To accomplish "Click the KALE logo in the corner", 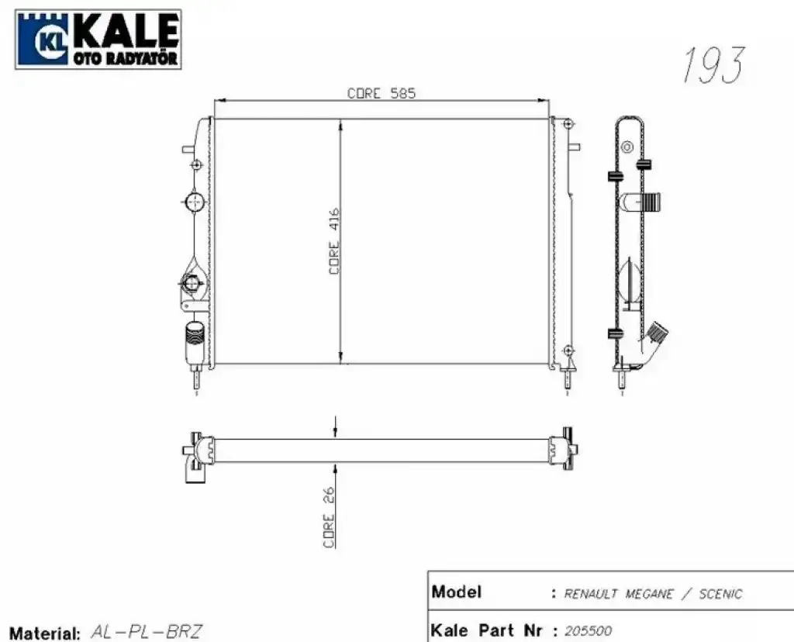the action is point(98,39).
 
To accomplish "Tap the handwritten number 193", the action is point(713,65).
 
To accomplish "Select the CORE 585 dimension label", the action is point(381,93).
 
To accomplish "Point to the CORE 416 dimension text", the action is point(334,241).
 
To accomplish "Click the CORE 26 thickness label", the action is point(329,517).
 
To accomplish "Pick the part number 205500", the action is point(588,631).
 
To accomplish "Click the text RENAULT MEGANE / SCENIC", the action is point(653,593).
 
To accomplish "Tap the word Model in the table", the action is point(456,592).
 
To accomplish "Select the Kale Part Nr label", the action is point(487,630).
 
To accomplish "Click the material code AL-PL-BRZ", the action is point(147,631).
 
